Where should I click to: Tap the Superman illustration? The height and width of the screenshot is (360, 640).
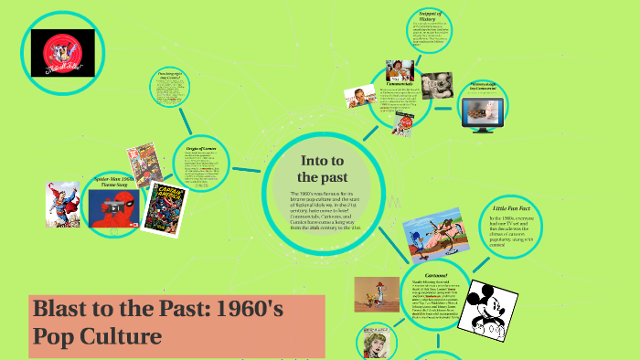click(x=62, y=203)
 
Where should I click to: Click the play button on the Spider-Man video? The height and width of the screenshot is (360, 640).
click(x=115, y=207)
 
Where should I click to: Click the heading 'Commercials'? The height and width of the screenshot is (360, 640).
click(x=402, y=82)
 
